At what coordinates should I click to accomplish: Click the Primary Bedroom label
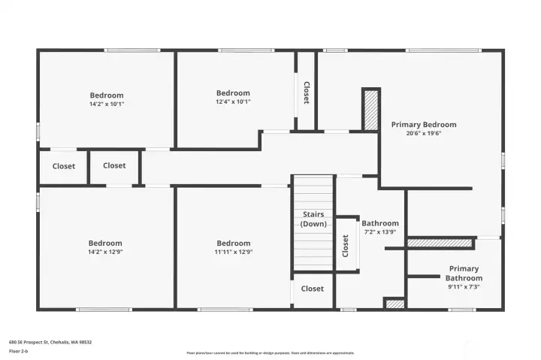(423, 125)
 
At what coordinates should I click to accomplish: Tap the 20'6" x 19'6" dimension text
(423, 134)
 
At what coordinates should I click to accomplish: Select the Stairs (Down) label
(312, 219)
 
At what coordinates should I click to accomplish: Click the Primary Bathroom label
(464, 274)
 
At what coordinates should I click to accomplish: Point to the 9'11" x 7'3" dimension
(464, 286)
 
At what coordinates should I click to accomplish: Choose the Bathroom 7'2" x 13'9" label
(380, 228)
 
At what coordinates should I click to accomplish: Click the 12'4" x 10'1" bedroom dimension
(233, 101)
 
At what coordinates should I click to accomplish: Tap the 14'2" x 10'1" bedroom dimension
(107, 104)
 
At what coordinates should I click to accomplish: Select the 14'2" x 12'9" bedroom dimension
(105, 253)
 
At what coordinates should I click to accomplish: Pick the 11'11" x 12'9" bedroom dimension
(233, 253)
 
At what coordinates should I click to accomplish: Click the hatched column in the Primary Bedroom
(370, 110)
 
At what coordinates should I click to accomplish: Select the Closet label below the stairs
(312, 289)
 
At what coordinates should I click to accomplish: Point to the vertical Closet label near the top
(306, 92)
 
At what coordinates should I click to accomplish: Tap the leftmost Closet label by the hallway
(64, 166)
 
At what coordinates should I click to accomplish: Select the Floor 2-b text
(19, 351)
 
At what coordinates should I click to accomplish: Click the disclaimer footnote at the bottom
(270, 352)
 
